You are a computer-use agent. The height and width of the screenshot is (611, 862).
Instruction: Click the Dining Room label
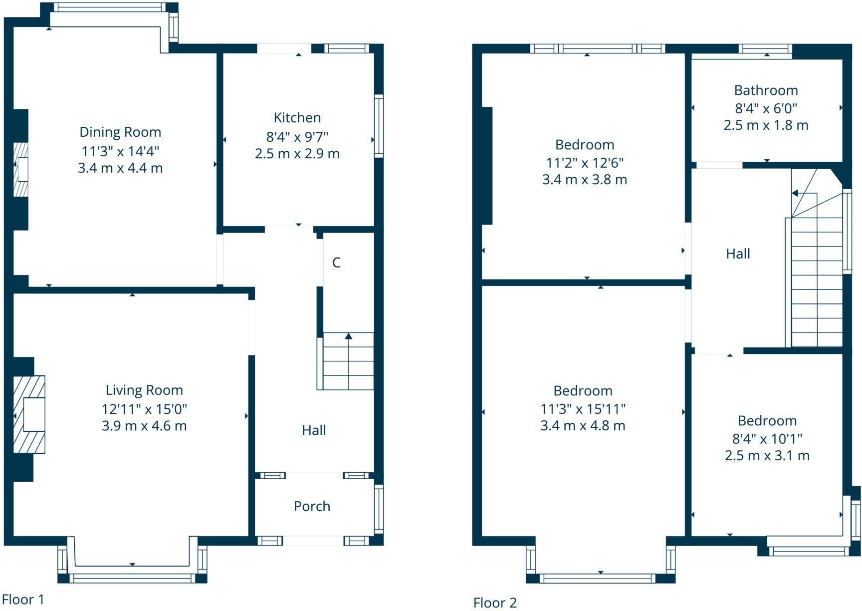click(x=120, y=132)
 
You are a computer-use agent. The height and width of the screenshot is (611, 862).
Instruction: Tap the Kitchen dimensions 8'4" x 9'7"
click(x=297, y=136)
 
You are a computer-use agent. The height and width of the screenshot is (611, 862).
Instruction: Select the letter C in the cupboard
click(x=336, y=263)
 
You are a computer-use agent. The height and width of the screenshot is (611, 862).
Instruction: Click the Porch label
click(x=312, y=506)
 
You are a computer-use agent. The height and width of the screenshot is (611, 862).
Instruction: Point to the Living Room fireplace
click(x=29, y=414)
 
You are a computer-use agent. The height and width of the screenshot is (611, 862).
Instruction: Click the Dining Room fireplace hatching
click(x=20, y=170)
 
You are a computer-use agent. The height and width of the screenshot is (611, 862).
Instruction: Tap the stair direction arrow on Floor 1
click(x=348, y=336)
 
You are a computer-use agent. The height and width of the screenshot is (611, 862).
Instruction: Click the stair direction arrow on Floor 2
click(x=795, y=193)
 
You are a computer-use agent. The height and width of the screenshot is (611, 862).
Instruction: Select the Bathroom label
click(x=766, y=90)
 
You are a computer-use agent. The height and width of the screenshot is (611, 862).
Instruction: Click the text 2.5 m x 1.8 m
click(x=766, y=125)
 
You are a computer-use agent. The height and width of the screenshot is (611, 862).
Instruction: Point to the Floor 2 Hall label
click(x=738, y=254)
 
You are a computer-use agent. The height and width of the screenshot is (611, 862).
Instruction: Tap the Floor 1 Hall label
click(x=314, y=430)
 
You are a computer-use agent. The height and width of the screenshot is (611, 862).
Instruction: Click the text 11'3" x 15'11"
click(x=583, y=409)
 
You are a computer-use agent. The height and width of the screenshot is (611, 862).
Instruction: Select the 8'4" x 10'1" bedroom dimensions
click(x=767, y=439)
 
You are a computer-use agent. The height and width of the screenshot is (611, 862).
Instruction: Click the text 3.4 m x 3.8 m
click(x=584, y=180)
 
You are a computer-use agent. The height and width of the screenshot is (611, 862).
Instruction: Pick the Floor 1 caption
click(x=23, y=599)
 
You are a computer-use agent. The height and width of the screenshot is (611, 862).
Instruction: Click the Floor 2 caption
click(x=495, y=603)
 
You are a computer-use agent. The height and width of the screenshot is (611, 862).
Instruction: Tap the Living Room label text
click(x=144, y=390)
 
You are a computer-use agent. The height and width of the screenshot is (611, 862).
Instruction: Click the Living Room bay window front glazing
click(x=132, y=578)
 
